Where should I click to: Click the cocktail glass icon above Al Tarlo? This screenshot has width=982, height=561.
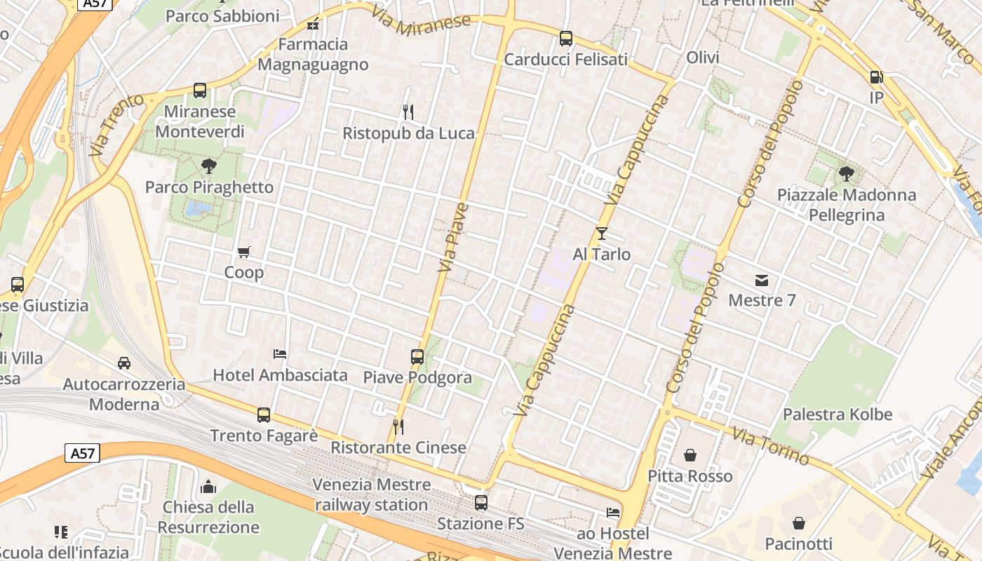(x=601, y=234)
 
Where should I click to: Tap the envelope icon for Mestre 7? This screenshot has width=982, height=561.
(x=762, y=280)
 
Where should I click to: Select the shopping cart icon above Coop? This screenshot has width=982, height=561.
(x=244, y=252)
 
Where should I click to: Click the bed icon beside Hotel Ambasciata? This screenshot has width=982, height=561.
(x=280, y=354)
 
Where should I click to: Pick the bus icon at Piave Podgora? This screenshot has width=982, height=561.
(x=417, y=357)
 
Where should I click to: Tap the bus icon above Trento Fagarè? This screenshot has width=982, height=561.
(x=264, y=415)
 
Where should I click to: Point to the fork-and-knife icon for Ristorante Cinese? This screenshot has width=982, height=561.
(x=398, y=426)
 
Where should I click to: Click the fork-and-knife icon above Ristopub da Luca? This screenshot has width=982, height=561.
(x=408, y=112)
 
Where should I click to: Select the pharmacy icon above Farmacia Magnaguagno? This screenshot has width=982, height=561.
(x=313, y=24)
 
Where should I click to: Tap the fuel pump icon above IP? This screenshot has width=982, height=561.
(x=876, y=77)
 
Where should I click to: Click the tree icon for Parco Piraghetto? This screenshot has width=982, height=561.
(x=208, y=167)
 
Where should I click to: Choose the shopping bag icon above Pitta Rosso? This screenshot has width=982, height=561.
(x=690, y=456)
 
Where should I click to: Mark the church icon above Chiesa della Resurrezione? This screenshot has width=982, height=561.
(x=208, y=487)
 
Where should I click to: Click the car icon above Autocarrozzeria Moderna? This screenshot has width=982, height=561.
(x=124, y=363)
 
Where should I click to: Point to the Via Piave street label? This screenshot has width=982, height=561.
(x=453, y=238)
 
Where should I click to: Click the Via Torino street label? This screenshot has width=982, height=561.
(x=771, y=445)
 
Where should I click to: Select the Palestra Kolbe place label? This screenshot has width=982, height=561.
(x=838, y=414)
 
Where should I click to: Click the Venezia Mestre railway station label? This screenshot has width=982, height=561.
(x=371, y=494)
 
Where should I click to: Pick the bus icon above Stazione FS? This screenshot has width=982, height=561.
(x=481, y=503)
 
